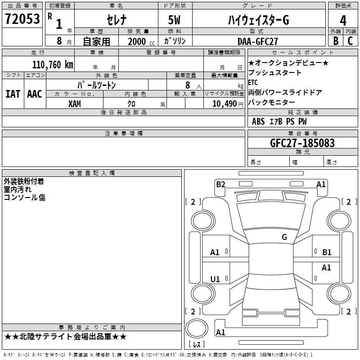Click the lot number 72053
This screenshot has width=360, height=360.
pos(22,19)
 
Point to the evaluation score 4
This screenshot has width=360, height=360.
pos(343,21)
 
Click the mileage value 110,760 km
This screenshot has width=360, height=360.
pos(52,64)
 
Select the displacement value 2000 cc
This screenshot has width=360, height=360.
pos(137,41)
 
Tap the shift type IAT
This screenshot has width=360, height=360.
pos(13,94)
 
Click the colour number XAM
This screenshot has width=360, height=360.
pos(75,103)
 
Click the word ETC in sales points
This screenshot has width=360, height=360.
pos(253,82)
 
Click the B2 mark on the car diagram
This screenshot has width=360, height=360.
pos(220,184)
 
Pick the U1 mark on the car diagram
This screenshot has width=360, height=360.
pos(215,279)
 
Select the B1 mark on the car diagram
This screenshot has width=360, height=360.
pos(327,252)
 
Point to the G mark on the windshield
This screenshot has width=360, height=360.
pos(284,237)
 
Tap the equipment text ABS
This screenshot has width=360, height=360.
pos(258,121)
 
